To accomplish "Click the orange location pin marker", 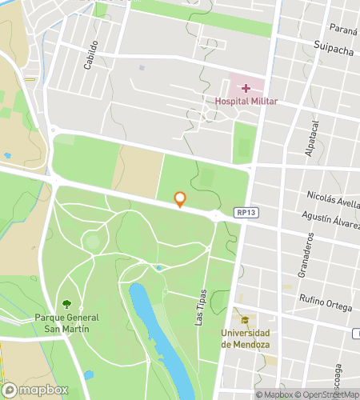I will tap(180, 200).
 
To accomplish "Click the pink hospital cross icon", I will tap(246, 86).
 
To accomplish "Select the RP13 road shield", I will tap(246, 213).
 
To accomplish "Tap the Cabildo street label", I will tap(91, 54).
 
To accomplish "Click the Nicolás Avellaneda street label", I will tap(333, 197).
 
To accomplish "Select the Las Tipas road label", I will tap(201, 307).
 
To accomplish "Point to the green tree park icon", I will tap(67, 304).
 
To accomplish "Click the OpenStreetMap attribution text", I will tap(326, 394).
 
